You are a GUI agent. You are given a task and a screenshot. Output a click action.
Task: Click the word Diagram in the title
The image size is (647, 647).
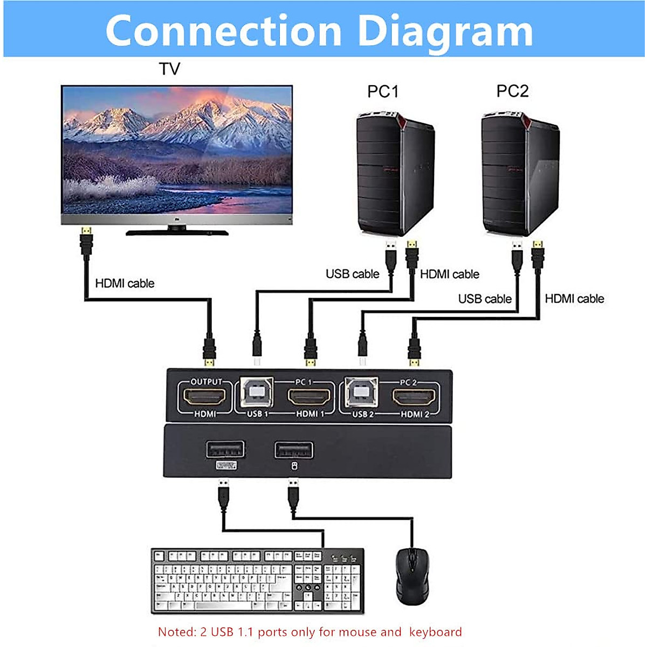click(445, 31)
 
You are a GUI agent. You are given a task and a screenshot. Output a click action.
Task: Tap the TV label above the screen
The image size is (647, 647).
click(169, 69)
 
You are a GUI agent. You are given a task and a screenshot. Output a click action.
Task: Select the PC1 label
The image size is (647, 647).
click(383, 91)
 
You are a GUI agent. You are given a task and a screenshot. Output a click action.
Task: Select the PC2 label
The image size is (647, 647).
click(512, 91)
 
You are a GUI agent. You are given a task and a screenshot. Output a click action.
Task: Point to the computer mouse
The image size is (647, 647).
click(412, 576)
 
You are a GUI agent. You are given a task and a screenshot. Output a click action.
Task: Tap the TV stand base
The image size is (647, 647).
click(177, 233)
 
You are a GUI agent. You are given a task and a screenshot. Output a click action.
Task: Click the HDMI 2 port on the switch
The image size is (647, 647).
click(415, 398)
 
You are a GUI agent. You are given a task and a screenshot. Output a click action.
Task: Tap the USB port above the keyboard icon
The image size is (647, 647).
click(225, 449)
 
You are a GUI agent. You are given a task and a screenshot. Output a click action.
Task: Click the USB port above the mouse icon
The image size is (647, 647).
click(294, 449)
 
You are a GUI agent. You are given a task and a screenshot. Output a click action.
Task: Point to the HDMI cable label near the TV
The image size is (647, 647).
click(125, 283)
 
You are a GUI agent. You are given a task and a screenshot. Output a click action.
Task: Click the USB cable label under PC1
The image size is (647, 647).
click(352, 274)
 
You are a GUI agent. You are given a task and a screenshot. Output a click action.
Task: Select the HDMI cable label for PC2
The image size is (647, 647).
click(574, 298)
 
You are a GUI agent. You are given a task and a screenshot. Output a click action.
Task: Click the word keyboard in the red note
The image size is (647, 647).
click(435, 632)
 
